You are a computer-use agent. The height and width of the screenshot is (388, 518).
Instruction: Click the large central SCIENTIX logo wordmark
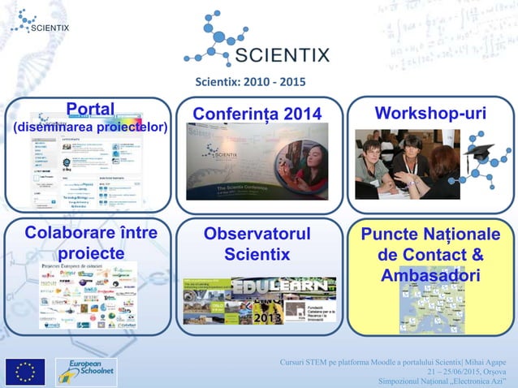[x=282, y=55]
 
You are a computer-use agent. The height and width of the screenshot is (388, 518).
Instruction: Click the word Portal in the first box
[x=90, y=110]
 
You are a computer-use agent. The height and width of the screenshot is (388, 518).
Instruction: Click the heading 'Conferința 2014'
[x=257, y=113]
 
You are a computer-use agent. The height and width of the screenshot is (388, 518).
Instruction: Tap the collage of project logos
[x=88, y=295]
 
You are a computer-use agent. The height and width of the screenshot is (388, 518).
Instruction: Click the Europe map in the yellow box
[x=431, y=313]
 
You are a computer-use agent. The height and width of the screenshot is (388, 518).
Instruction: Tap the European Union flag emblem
[x=24, y=371]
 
